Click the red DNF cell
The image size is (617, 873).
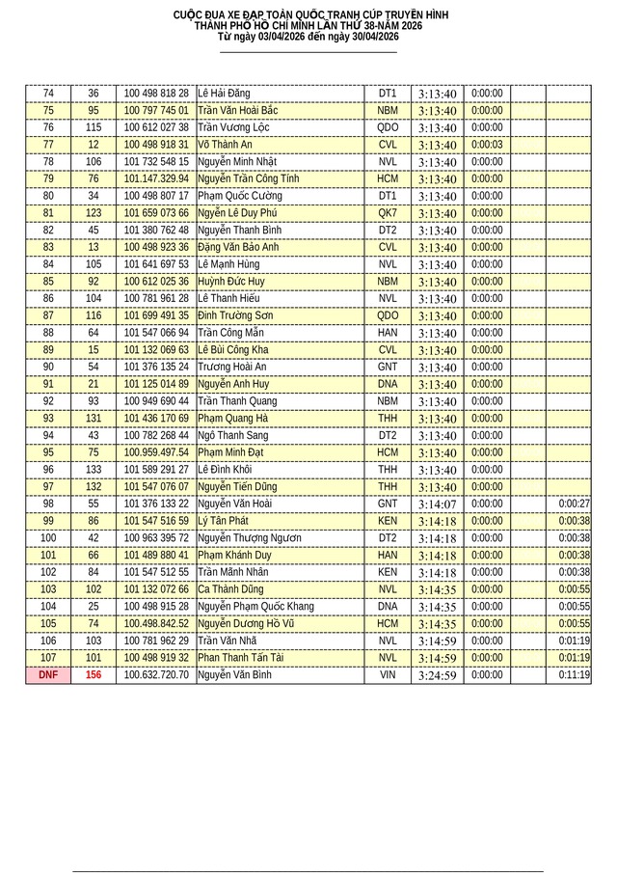click(x=48, y=675)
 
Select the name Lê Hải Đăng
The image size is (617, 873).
click(x=224, y=94)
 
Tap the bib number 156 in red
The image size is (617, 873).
click(x=94, y=675)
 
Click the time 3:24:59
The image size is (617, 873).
click(x=437, y=675)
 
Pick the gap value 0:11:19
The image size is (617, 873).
click(x=574, y=675)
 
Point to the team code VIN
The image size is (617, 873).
click(x=388, y=675)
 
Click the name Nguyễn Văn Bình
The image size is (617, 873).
click(x=234, y=675)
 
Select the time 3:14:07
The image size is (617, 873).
click(x=437, y=504)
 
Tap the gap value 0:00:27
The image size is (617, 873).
click(x=574, y=504)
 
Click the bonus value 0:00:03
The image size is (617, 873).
click(x=487, y=145)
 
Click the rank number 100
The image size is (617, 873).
click(x=48, y=538)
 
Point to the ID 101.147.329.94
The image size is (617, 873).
click(x=156, y=179)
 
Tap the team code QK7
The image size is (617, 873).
click(x=388, y=213)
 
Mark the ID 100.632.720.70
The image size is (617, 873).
click(x=156, y=675)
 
